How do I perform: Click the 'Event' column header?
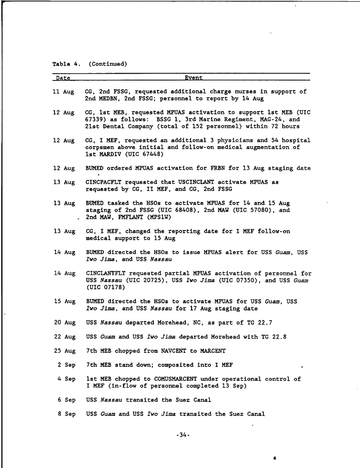(x=194, y=78)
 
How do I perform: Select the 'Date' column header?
(x=63, y=78)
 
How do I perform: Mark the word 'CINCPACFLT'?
(x=103, y=182)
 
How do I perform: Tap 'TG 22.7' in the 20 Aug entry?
(x=258, y=323)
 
